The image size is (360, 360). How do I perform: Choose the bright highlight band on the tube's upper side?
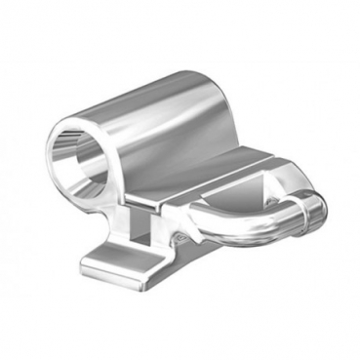tap(176, 98)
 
